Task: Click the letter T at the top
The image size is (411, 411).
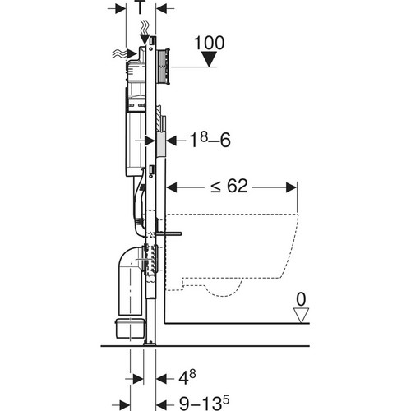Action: (x=141, y=7)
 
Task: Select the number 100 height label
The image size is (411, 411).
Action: (x=210, y=43)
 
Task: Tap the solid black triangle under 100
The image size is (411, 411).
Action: (x=209, y=59)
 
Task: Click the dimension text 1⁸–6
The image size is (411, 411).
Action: (x=210, y=141)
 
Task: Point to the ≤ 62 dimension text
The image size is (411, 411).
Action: (x=229, y=186)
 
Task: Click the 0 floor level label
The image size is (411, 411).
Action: (x=301, y=299)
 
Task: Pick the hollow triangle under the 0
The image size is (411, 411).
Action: (x=301, y=316)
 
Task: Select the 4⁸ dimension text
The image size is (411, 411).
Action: (x=187, y=378)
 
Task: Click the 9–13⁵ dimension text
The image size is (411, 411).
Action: (x=204, y=403)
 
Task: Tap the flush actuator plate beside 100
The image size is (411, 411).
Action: (x=164, y=66)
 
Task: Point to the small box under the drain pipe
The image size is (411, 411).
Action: (x=130, y=328)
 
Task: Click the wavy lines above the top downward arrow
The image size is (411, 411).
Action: (x=145, y=27)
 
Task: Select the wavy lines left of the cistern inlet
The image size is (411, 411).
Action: (x=119, y=54)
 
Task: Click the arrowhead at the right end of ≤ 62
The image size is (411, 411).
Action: (x=291, y=187)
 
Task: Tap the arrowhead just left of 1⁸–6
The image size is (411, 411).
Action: (x=172, y=141)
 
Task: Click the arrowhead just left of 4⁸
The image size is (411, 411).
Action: (x=162, y=379)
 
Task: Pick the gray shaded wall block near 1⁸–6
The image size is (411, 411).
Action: (x=160, y=144)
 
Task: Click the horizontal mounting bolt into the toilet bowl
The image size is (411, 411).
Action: (x=169, y=233)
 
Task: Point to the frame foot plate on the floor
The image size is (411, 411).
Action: (x=150, y=343)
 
